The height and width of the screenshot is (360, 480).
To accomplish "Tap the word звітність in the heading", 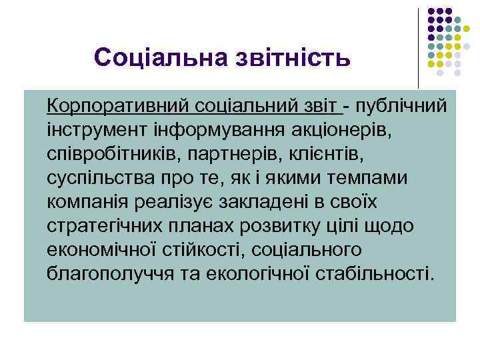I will [x=288, y=57].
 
